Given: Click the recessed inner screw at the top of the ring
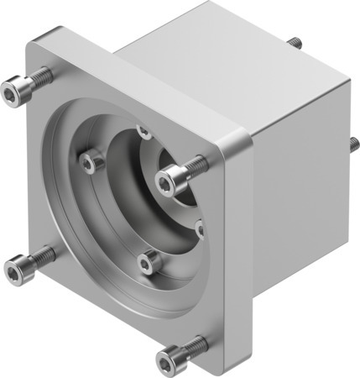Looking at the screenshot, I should [143, 130].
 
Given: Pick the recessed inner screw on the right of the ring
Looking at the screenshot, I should [200, 227].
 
